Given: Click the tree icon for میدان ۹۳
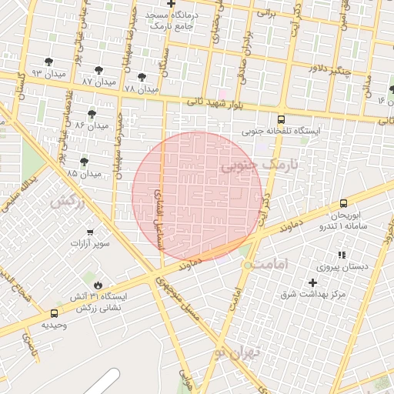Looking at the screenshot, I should point(49,62).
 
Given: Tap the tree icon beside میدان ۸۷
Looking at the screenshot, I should point(99,70).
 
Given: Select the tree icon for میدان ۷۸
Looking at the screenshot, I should point(142,77).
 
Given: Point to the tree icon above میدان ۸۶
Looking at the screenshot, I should point(92,113).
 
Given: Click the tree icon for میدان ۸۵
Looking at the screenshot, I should point(84,162).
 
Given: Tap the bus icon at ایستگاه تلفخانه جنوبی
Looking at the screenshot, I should point(281,120).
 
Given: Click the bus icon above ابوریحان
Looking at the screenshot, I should point(343,204).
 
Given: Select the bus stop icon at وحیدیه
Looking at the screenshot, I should point(54,313).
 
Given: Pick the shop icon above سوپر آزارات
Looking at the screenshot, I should point(91,232).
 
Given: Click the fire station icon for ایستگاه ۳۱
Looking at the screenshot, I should point(98,284).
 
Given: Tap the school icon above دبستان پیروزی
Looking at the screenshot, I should point(341,255).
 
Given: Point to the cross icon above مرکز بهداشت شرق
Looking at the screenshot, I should point(312,283).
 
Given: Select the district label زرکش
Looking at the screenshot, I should point(67,202).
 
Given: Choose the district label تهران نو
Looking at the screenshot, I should point(239,353).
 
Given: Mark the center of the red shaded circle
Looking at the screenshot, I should point(198,197).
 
